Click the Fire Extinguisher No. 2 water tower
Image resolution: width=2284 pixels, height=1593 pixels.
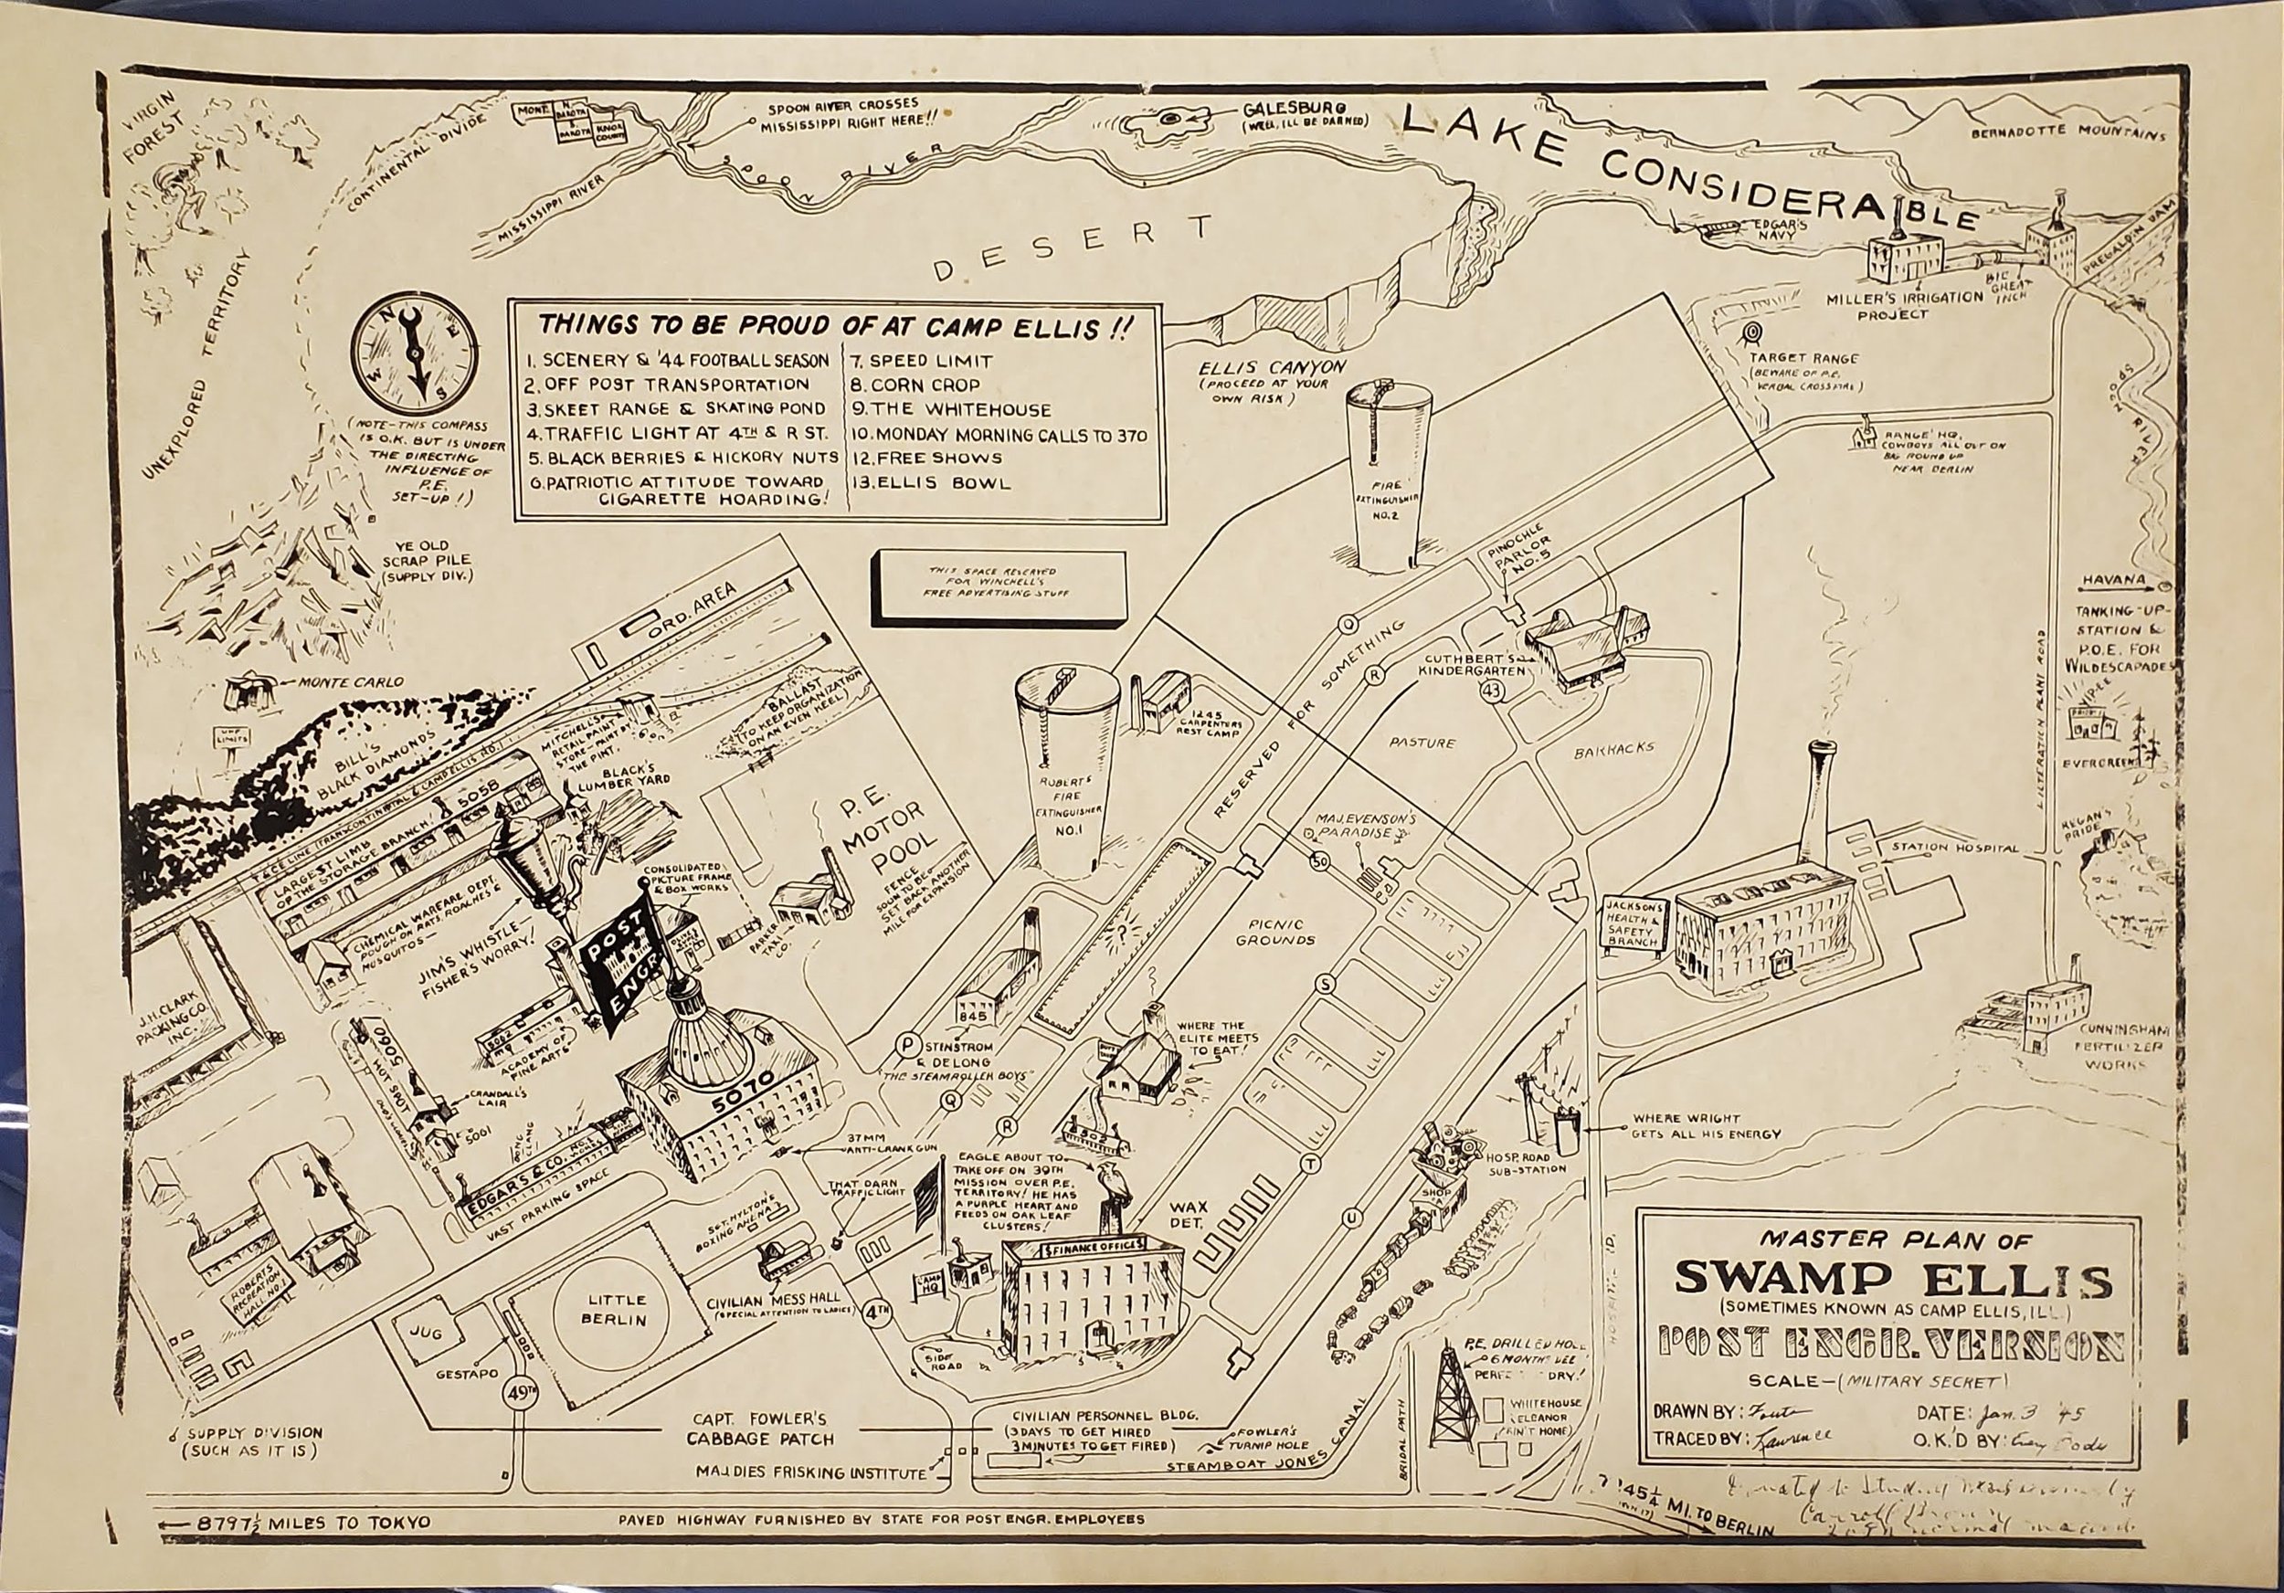click(x=1389, y=478)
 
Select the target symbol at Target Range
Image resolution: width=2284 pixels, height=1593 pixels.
click(x=1753, y=332)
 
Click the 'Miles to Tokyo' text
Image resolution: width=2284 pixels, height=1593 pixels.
click(x=313, y=1522)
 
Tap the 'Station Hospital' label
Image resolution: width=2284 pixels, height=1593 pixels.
click(x=1954, y=849)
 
